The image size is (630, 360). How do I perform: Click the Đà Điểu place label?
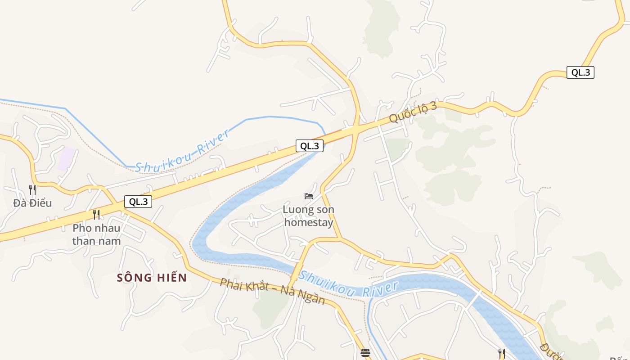[x=32, y=203]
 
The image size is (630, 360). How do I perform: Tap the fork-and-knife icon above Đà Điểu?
[x=32, y=189]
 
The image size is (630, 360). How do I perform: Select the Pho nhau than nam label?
[x=96, y=234]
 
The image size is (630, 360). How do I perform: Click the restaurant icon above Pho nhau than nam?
[x=96, y=214]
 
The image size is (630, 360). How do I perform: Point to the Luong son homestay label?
[x=308, y=216]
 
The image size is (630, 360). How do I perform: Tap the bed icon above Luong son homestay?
[x=309, y=196]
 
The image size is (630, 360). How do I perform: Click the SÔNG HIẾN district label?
[x=152, y=278]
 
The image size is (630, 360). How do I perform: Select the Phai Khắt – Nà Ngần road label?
[x=272, y=291]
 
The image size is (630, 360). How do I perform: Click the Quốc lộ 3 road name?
[x=413, y=112]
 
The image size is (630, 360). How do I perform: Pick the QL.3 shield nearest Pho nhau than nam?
[x=138, y=202]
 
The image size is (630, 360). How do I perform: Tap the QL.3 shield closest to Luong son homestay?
[x=310, y=146]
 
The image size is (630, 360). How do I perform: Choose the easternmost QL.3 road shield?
[x=580, y=72]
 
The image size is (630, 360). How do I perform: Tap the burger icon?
[x=365, y=352]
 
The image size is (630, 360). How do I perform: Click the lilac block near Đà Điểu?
[x=66, y=158]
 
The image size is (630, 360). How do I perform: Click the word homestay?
[x=309, y=222]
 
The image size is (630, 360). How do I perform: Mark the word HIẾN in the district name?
[x=171, y=278]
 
